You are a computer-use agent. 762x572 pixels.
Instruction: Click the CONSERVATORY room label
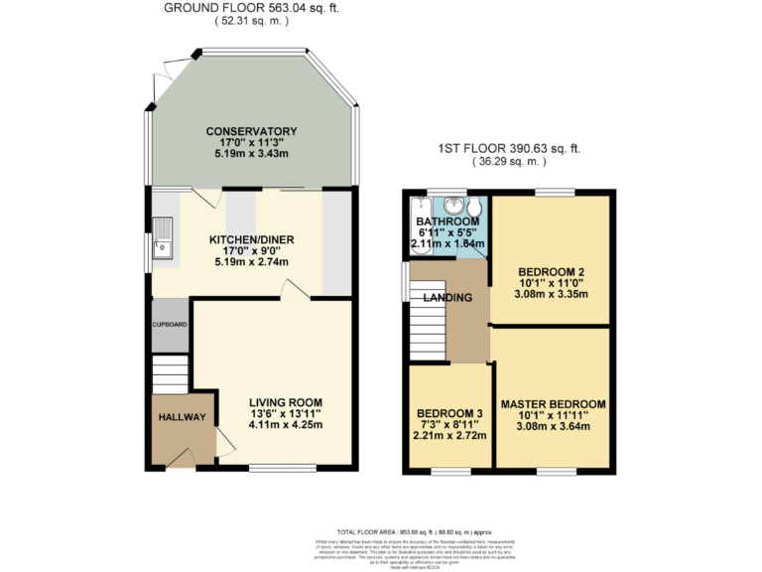[251, 131]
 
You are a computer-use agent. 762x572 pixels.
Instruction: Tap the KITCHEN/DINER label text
[251, 239]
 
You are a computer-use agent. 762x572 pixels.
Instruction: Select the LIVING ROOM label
[286, 401]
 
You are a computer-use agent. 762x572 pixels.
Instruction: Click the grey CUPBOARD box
[169, 325]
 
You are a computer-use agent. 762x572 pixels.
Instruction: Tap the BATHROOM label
[441, 221]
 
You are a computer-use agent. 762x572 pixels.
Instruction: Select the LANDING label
[446, 298]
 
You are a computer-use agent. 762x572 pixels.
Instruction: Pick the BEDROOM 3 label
[449, 412]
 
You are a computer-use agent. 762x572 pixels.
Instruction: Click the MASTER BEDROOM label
[553, 404]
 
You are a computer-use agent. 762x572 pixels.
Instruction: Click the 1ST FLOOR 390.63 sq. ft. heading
[509, 149]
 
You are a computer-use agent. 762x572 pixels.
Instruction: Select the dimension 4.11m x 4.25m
[286, 425]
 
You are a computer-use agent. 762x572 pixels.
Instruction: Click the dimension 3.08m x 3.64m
[553, 428]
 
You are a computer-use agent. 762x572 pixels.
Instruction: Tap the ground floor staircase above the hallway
[170, 375]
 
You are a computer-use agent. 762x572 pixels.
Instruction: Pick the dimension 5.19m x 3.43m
[251, 155]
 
